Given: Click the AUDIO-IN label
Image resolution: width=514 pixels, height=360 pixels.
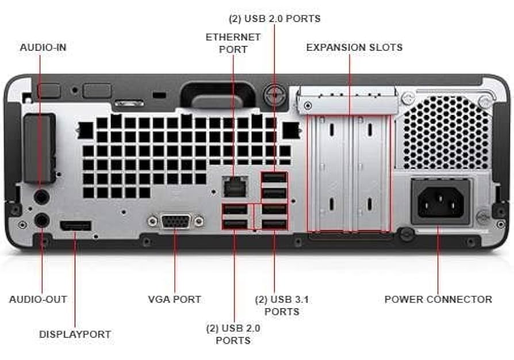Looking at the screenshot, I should tap(43, 47).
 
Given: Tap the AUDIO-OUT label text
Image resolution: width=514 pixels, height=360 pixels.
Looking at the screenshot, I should tap(38, 299).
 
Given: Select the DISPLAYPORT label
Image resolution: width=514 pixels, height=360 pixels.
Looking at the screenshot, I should tap(75, 334).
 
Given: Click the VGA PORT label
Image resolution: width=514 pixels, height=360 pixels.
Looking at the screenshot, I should tap(175, 299).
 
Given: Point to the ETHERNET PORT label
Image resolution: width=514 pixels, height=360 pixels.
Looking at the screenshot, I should tap(233, 43).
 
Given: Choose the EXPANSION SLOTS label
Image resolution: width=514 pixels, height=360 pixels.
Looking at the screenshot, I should tap(354, 47).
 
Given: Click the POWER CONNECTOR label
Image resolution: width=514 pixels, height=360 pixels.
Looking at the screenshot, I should tap(438, 299).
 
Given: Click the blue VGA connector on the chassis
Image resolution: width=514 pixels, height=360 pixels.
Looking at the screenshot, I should tap(175, 221).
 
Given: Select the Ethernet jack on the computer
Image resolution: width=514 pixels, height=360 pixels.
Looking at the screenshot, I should tap(233, 185).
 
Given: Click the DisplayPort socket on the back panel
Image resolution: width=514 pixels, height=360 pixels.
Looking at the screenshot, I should tap(75, 224).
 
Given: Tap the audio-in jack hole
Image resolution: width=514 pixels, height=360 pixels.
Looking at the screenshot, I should tap(41, 197).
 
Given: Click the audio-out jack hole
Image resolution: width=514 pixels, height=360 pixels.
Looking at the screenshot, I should tap(41, 220).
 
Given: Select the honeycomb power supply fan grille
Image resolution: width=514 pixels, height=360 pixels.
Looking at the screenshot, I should tap(446, 132).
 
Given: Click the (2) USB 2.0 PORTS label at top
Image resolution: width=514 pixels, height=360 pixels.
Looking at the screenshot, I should tap(274, 18).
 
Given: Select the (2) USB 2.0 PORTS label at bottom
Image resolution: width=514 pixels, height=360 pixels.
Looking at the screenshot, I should tap(233, 334).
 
